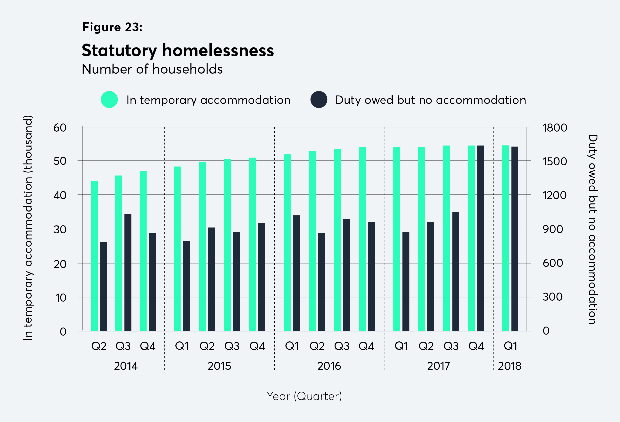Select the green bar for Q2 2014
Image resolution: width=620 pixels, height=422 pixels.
coord(94,256)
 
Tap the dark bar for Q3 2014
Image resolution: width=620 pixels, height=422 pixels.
coord(128,272)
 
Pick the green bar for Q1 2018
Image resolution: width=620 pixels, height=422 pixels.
coord(506,238)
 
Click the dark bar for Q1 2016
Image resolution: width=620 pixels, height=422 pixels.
coord(296,273)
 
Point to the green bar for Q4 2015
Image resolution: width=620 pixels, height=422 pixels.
coord(252,244)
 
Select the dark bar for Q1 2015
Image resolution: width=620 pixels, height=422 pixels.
coord(186,286)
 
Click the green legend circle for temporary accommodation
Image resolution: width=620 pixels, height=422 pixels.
coord(109,100)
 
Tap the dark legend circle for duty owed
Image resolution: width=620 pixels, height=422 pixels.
coord(319,100)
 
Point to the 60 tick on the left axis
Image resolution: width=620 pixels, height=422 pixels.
coord(60,128)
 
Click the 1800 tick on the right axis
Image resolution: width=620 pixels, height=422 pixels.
coord(555,128)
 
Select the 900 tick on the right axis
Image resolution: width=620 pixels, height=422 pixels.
coord(553,229)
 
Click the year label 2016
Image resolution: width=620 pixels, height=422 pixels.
coord(329,366)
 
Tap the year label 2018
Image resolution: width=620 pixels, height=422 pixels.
coord(509,366)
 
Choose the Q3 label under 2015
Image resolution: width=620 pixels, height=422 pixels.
coord(231,346)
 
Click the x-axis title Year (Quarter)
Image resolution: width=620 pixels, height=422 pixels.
coord(304,396)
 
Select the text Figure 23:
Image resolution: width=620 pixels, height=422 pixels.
coord(112,27)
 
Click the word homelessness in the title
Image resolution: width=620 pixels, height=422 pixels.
coord(218,50)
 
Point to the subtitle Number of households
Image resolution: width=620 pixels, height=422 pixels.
coord(152,69)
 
